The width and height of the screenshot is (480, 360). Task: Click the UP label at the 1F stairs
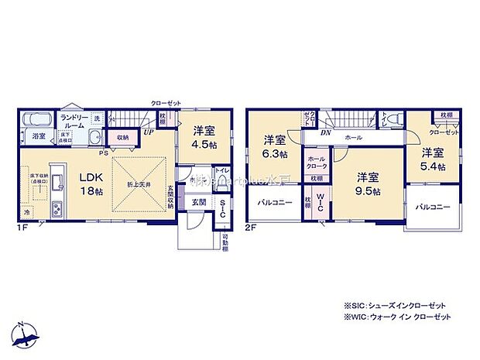pos(146,132)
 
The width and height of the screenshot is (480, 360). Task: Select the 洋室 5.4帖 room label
pos(433,159)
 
